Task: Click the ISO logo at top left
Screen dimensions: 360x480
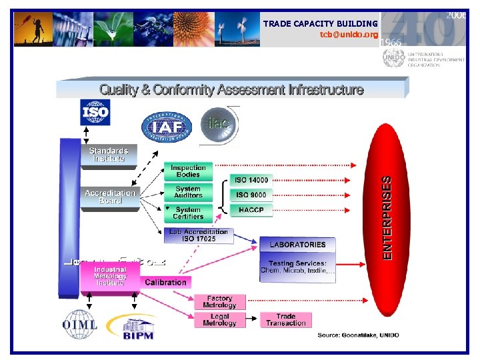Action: click(95, 112)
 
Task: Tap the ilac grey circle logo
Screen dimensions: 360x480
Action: click(217, 124)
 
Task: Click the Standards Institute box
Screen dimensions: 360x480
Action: click(109, 155)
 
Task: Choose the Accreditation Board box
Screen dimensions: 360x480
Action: click(109, 197)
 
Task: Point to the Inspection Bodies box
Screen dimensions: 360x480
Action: click(188, 171)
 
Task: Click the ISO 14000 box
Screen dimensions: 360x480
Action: click(251, 180)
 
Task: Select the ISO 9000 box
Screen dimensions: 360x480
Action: click(251, 195)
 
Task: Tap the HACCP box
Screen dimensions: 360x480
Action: click(251, 210)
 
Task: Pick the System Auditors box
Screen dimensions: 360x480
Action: click(188, 192)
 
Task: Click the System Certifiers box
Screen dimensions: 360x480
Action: click(188, 212)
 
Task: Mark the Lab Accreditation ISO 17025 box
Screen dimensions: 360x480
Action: click(198, 235)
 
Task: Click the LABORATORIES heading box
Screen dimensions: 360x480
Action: click(297, 245)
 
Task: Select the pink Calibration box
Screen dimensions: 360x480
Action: click(165, 282)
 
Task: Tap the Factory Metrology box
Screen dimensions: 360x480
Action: click(219, 302)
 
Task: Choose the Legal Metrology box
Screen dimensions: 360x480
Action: click(219, 319)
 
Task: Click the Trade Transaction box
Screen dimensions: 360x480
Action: click(285, 319)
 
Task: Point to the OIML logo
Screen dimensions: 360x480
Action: click(80, 325)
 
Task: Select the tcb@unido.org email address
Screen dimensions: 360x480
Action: click(348, 34)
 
